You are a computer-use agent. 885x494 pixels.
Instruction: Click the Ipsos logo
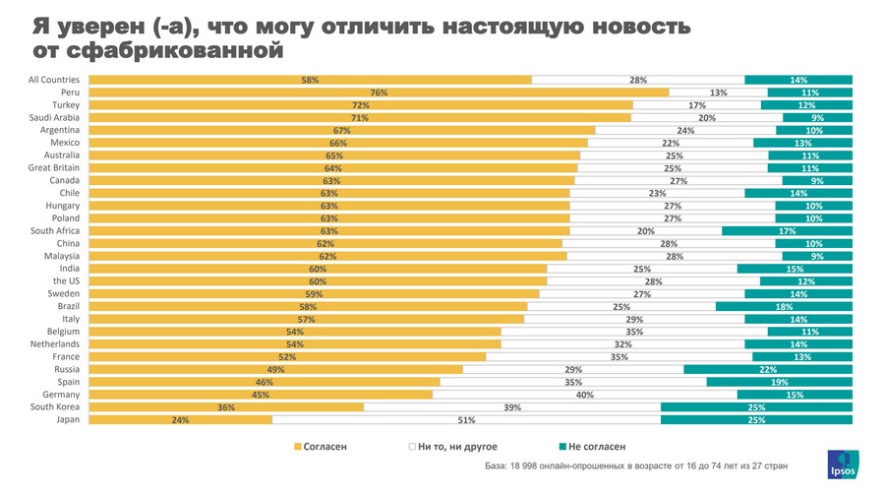tap(842, 464)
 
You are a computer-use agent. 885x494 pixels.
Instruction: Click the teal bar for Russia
tap(768, 369)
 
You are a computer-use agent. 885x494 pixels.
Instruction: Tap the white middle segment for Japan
tap(466, 420)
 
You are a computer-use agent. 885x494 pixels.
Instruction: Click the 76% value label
tap(379, 93)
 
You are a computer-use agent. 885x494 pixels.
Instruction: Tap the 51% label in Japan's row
tap(467, 420)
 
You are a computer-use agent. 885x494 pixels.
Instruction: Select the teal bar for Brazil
tap(784, 306)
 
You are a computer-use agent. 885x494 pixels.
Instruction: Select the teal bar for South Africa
tap(787, 231)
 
